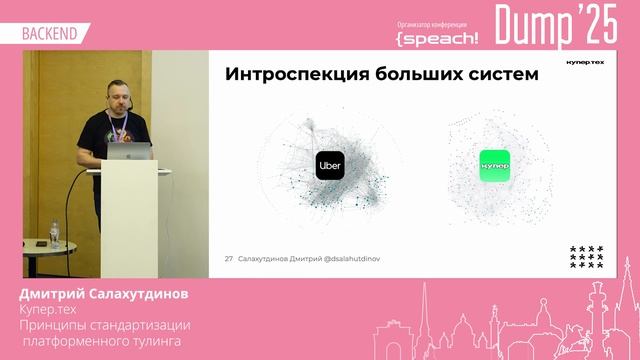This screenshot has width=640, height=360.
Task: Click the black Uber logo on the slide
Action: (330, 164)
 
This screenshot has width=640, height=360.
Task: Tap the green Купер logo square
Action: (494, 165)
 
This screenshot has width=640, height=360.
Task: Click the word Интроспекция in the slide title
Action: (290, 74)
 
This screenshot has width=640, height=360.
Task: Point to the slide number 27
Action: (229, 258)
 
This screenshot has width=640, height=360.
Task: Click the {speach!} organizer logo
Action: (437, 37)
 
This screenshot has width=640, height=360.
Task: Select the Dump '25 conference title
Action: (556, 26)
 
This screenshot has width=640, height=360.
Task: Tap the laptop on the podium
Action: (130, 151)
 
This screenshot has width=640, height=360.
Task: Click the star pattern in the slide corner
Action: (586, 256)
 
